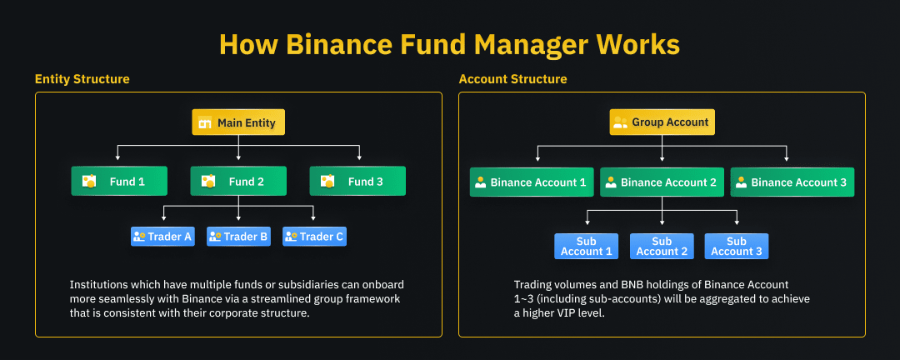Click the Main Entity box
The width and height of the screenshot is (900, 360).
[x=238, y=122]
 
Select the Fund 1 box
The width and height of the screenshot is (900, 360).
[x=119, y=182]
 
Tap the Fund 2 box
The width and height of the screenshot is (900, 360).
[x=238, y=182]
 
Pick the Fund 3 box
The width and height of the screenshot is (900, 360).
[x=357, y=182]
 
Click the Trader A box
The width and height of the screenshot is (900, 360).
[x=163, y=237]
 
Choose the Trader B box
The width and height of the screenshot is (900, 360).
[x=238, y=237]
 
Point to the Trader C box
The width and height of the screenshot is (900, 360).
[x=314, y=237]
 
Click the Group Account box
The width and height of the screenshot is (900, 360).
[x=662, y=122]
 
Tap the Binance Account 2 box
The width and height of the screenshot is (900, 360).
[x=662, y=182]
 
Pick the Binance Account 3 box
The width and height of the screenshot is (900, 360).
[x=792, y=182]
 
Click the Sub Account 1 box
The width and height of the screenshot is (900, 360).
[x=586, y=247]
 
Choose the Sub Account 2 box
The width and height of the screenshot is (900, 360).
[x=662, y=247]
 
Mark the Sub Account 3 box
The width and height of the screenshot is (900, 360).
[x=737, y=247]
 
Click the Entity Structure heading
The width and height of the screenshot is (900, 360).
[x=82, y=79]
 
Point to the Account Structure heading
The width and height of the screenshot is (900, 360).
[x=512, y=79]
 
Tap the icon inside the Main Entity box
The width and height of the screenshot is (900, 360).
[x=205, y=122]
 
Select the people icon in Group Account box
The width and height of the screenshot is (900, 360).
[x=621, y=122]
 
